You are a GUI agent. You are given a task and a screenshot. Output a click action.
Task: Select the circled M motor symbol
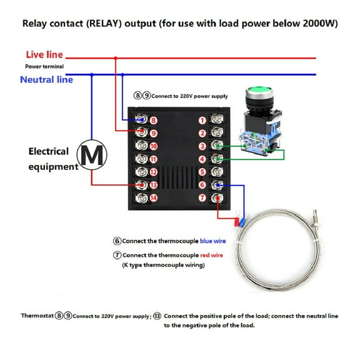pos(92,155)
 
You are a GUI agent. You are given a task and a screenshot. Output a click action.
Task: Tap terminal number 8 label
pos(154,119)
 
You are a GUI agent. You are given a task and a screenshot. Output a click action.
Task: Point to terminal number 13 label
pos(154,185)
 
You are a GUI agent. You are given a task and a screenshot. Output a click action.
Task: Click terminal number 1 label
pos(202,119)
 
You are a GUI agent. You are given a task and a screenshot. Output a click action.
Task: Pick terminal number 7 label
pos(202,199)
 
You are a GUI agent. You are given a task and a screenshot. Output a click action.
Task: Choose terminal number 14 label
pos(154,199)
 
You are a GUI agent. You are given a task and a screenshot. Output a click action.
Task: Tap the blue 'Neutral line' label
pos(46,79)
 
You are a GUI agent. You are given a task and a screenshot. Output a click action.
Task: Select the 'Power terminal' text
pos(44,66)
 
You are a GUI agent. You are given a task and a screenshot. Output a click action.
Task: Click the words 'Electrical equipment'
pos(52,159)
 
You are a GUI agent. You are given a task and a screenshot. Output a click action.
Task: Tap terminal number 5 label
pos(202,172)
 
